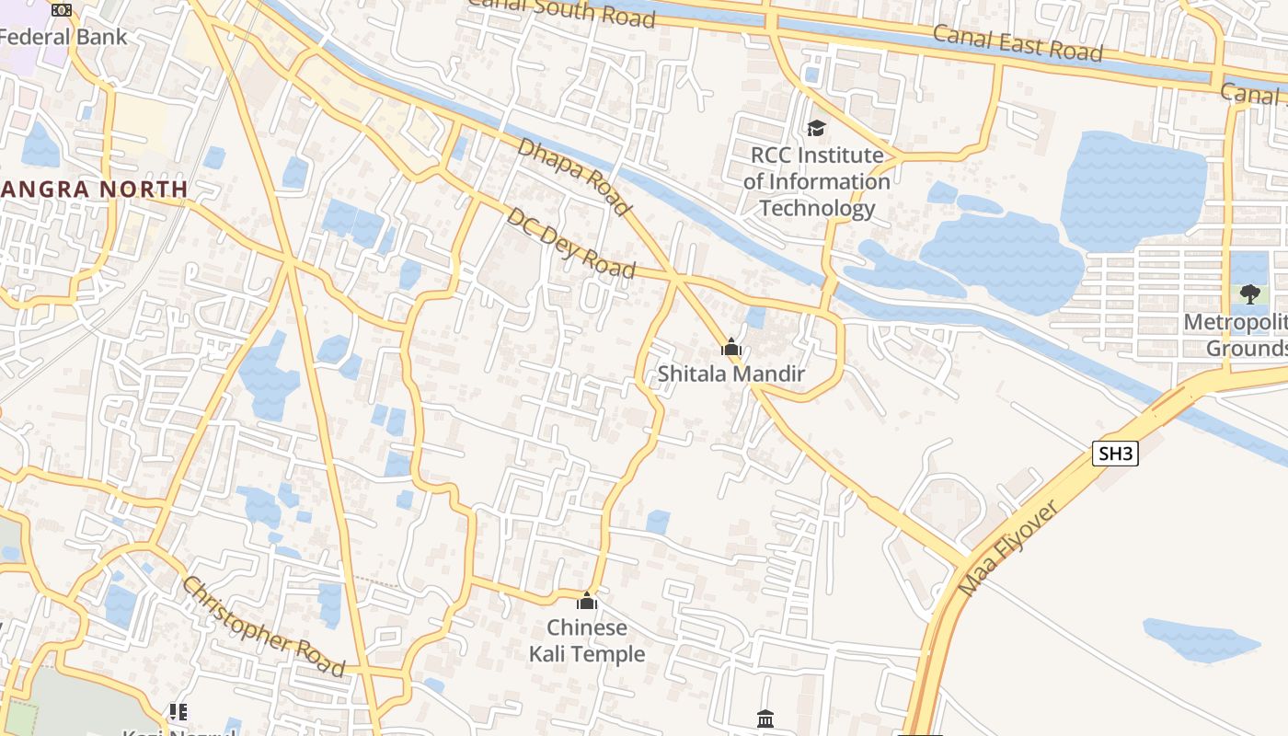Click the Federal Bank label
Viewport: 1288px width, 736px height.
coord(63,38)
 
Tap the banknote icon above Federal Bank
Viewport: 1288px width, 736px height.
coord(62,10)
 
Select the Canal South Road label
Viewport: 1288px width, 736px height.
coord(563,11)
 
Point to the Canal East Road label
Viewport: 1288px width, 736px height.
coord(1017,43)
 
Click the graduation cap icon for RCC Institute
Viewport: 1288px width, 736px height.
coord(816,128)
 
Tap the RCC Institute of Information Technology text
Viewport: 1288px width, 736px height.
coord(816,181)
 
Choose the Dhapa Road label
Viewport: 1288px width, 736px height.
coord(574,177)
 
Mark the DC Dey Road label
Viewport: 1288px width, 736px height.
coord(570,243)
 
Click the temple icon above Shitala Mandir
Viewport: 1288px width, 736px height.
coord(731,348)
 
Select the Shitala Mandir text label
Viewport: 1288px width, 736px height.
coord(731,374)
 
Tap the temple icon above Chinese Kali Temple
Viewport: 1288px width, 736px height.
coord(587,602)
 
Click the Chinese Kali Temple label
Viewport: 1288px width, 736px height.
coord(587,640)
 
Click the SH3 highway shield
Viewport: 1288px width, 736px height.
coord(1115,454)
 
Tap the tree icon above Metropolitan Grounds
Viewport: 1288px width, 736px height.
coord(1249,294)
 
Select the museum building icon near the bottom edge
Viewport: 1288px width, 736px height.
coord(765,719)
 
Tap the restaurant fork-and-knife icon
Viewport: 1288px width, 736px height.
coord(178,711)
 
